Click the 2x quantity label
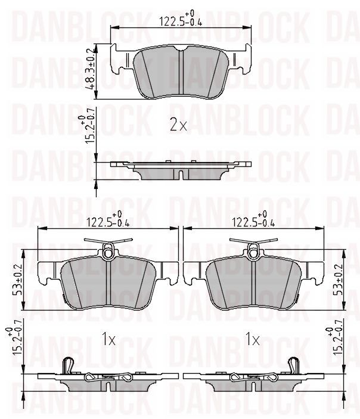(x=178, y=125)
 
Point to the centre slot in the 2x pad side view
(x=180, y=173)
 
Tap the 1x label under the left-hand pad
(x=108, y=340)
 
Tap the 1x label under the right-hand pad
(x=253, y=340)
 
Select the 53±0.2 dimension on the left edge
(x=21, y=280)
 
